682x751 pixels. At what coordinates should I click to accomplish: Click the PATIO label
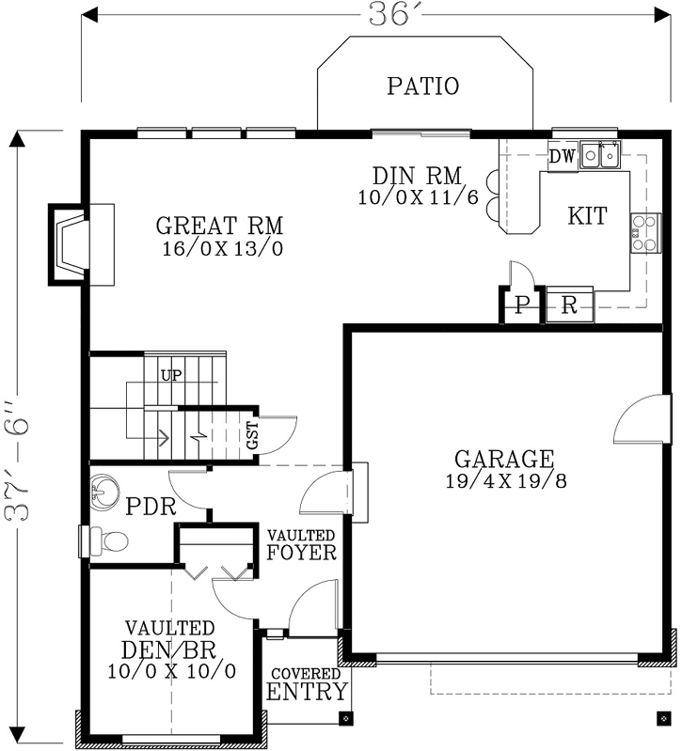pos(422,86)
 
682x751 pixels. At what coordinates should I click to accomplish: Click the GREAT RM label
pos(219,227)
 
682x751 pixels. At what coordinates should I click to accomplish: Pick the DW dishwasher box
pos(562,156)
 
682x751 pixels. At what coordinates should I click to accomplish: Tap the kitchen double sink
pos(599,154)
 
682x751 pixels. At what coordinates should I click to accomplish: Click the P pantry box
pos(521,306)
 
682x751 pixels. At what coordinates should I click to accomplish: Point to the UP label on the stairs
pos(171,375)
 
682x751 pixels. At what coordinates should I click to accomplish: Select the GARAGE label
pos(503,460)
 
